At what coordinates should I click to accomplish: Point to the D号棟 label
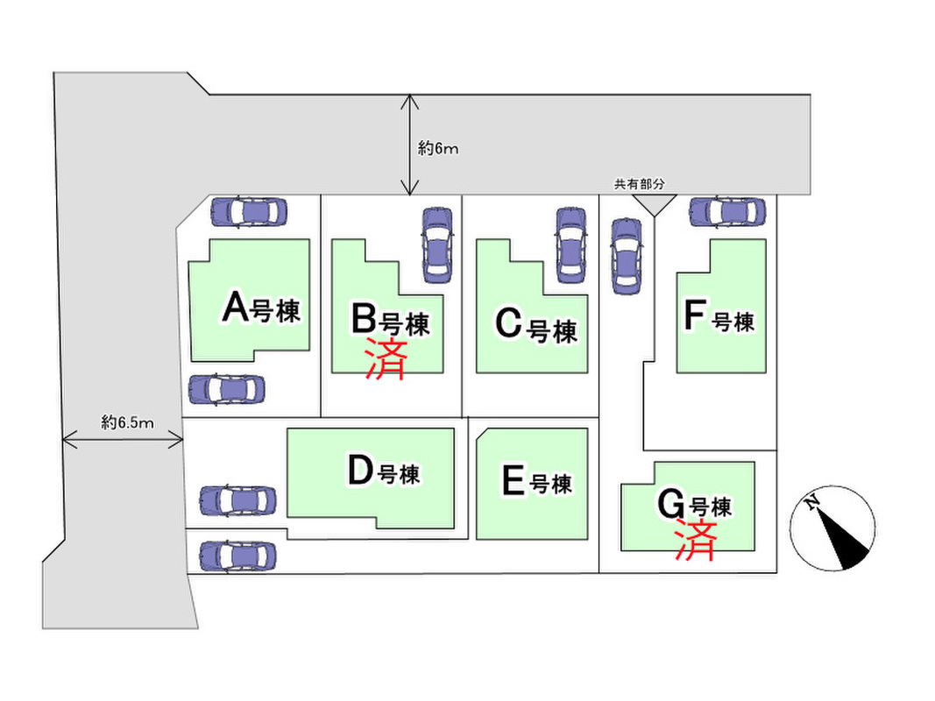click(x=384, y=472)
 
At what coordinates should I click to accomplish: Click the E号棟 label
click(x=536, y=482)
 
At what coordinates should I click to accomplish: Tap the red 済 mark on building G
click(x=696, y=540)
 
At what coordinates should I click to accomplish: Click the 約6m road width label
click(x=438, y=149)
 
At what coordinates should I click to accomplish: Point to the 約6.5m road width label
click(x=127, y=423)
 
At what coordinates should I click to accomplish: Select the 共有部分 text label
click(x=639, y=184)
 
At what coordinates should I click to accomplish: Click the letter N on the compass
click(x=812, y=502)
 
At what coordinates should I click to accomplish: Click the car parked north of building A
click(x=249, y=211)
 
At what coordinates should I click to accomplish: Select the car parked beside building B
click(x=436, y=244)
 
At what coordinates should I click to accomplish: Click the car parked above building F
click(x=728, y=211)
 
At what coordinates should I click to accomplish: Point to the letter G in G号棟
click(x=670, y=505)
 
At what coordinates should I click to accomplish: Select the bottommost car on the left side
click(x=237, y=556)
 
